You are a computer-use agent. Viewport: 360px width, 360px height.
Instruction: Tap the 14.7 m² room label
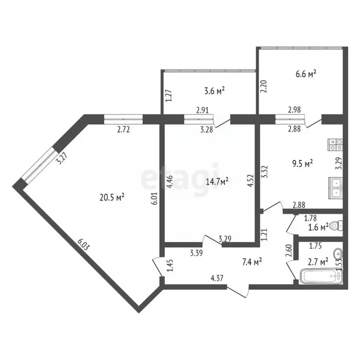click(x=217, y=181)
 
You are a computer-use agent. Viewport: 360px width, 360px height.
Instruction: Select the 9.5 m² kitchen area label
click(x=302, y=164)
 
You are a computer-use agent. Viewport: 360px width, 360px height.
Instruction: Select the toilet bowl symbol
click(x=335, y=225)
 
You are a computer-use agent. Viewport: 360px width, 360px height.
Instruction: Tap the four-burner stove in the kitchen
click(x=336, y=143)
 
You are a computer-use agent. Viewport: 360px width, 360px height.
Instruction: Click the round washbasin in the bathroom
click(x=337, y=255)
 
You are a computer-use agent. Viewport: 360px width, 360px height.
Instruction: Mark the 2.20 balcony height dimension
click(x=263, y=88)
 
